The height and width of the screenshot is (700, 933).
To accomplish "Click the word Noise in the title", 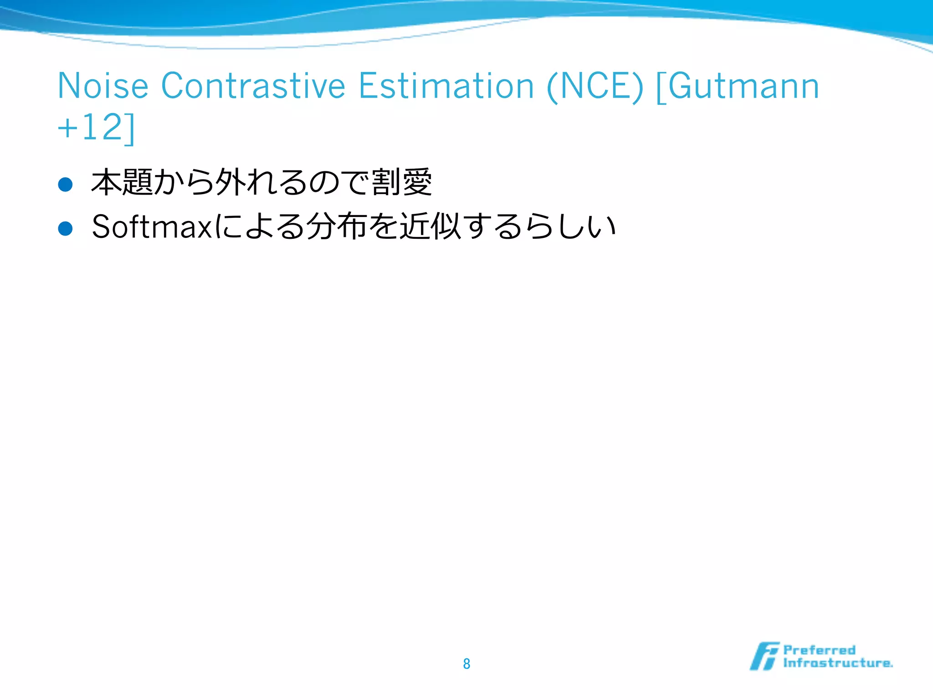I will (103, 86).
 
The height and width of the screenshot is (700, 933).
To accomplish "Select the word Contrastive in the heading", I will (253, 86).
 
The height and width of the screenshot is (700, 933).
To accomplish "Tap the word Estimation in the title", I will (446, 86).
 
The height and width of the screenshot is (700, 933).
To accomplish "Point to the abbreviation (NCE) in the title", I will (595, 87).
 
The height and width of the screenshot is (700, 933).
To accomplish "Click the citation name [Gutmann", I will (738, 87).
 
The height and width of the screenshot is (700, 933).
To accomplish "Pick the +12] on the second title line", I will (96, 127).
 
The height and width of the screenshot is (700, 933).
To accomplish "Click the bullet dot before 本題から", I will (66, 185).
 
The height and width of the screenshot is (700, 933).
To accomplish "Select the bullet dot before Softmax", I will (66, 228).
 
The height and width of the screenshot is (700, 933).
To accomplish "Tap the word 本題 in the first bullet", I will (122, 182).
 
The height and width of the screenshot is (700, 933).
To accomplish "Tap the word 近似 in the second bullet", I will (431, 226).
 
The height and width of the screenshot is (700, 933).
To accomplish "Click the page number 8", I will (466, 664).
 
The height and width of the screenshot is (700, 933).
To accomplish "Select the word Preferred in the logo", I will (819, 650).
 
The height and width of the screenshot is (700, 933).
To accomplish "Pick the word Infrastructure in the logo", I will (837, 663).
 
